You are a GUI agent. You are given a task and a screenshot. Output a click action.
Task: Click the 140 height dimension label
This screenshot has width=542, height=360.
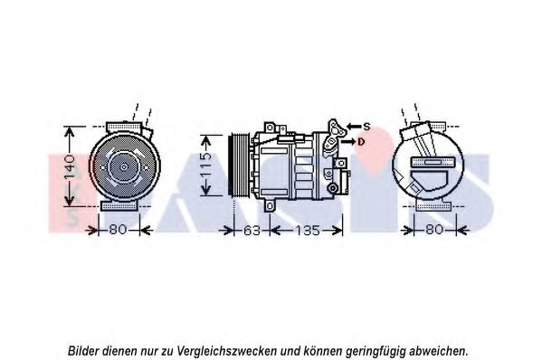point(70,167)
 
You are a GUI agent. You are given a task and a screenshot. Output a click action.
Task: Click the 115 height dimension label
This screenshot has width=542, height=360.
point(205,166)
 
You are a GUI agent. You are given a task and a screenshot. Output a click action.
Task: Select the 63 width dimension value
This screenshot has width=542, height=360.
point(252,231)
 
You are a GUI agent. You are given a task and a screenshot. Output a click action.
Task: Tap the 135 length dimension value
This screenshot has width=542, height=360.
point(308,231)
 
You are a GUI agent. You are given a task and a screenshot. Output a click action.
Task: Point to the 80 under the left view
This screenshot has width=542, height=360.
point(119,230)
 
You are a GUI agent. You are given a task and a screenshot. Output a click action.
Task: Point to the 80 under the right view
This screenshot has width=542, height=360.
point(434,230)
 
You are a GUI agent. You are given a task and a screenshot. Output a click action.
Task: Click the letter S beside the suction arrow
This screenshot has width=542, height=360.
point(366,127)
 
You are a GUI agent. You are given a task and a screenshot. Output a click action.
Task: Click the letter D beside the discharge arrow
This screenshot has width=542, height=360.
point(361,142)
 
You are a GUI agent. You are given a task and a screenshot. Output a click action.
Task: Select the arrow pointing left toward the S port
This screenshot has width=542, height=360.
point(354,127)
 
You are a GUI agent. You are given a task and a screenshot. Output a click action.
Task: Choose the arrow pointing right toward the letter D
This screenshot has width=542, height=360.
point(347,142)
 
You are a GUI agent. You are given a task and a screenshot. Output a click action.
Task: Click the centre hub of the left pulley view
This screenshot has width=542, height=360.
point(124,167)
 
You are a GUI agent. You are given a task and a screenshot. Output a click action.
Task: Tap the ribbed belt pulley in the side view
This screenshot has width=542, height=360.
point(239,166)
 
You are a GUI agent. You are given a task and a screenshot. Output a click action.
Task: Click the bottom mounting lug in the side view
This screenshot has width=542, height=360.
point(270,206)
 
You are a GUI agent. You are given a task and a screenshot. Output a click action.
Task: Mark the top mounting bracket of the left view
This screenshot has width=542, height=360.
point(124,127)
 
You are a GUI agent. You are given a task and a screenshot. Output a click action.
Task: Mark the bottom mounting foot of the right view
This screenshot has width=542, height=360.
point(433,206)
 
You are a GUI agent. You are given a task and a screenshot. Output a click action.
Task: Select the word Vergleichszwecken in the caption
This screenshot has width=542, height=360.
point(227,351)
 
